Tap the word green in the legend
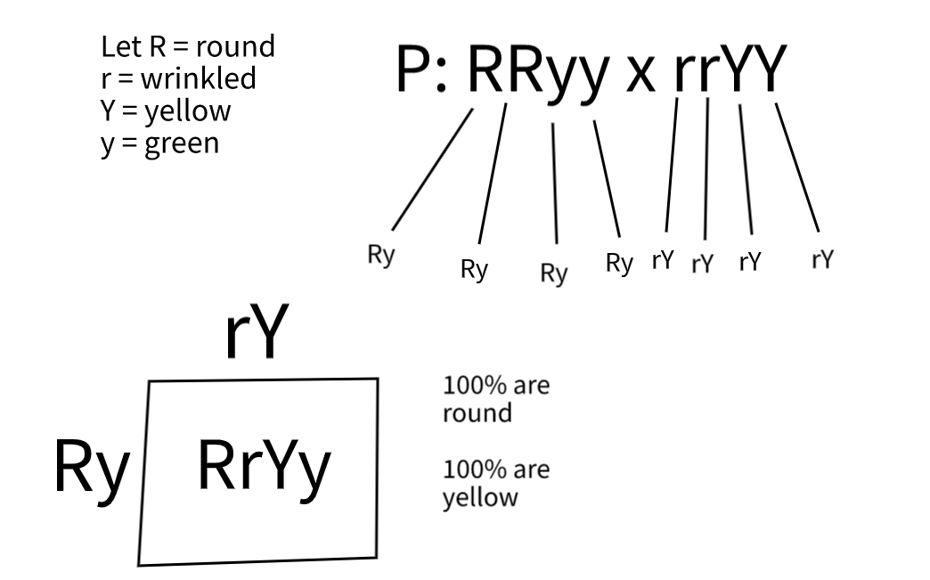pos(182,143)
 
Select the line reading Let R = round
pos(188,47)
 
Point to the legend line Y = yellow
pos(166,111)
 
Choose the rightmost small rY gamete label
pos(823,259)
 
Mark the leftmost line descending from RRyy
pos(431,169)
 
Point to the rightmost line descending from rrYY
pos(797,167)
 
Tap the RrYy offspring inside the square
pos(264,467)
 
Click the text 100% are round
pos(495,400)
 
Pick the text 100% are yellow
pos(495,483)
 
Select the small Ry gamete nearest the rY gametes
pos(619,263)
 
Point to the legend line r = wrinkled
pos(178,79)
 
